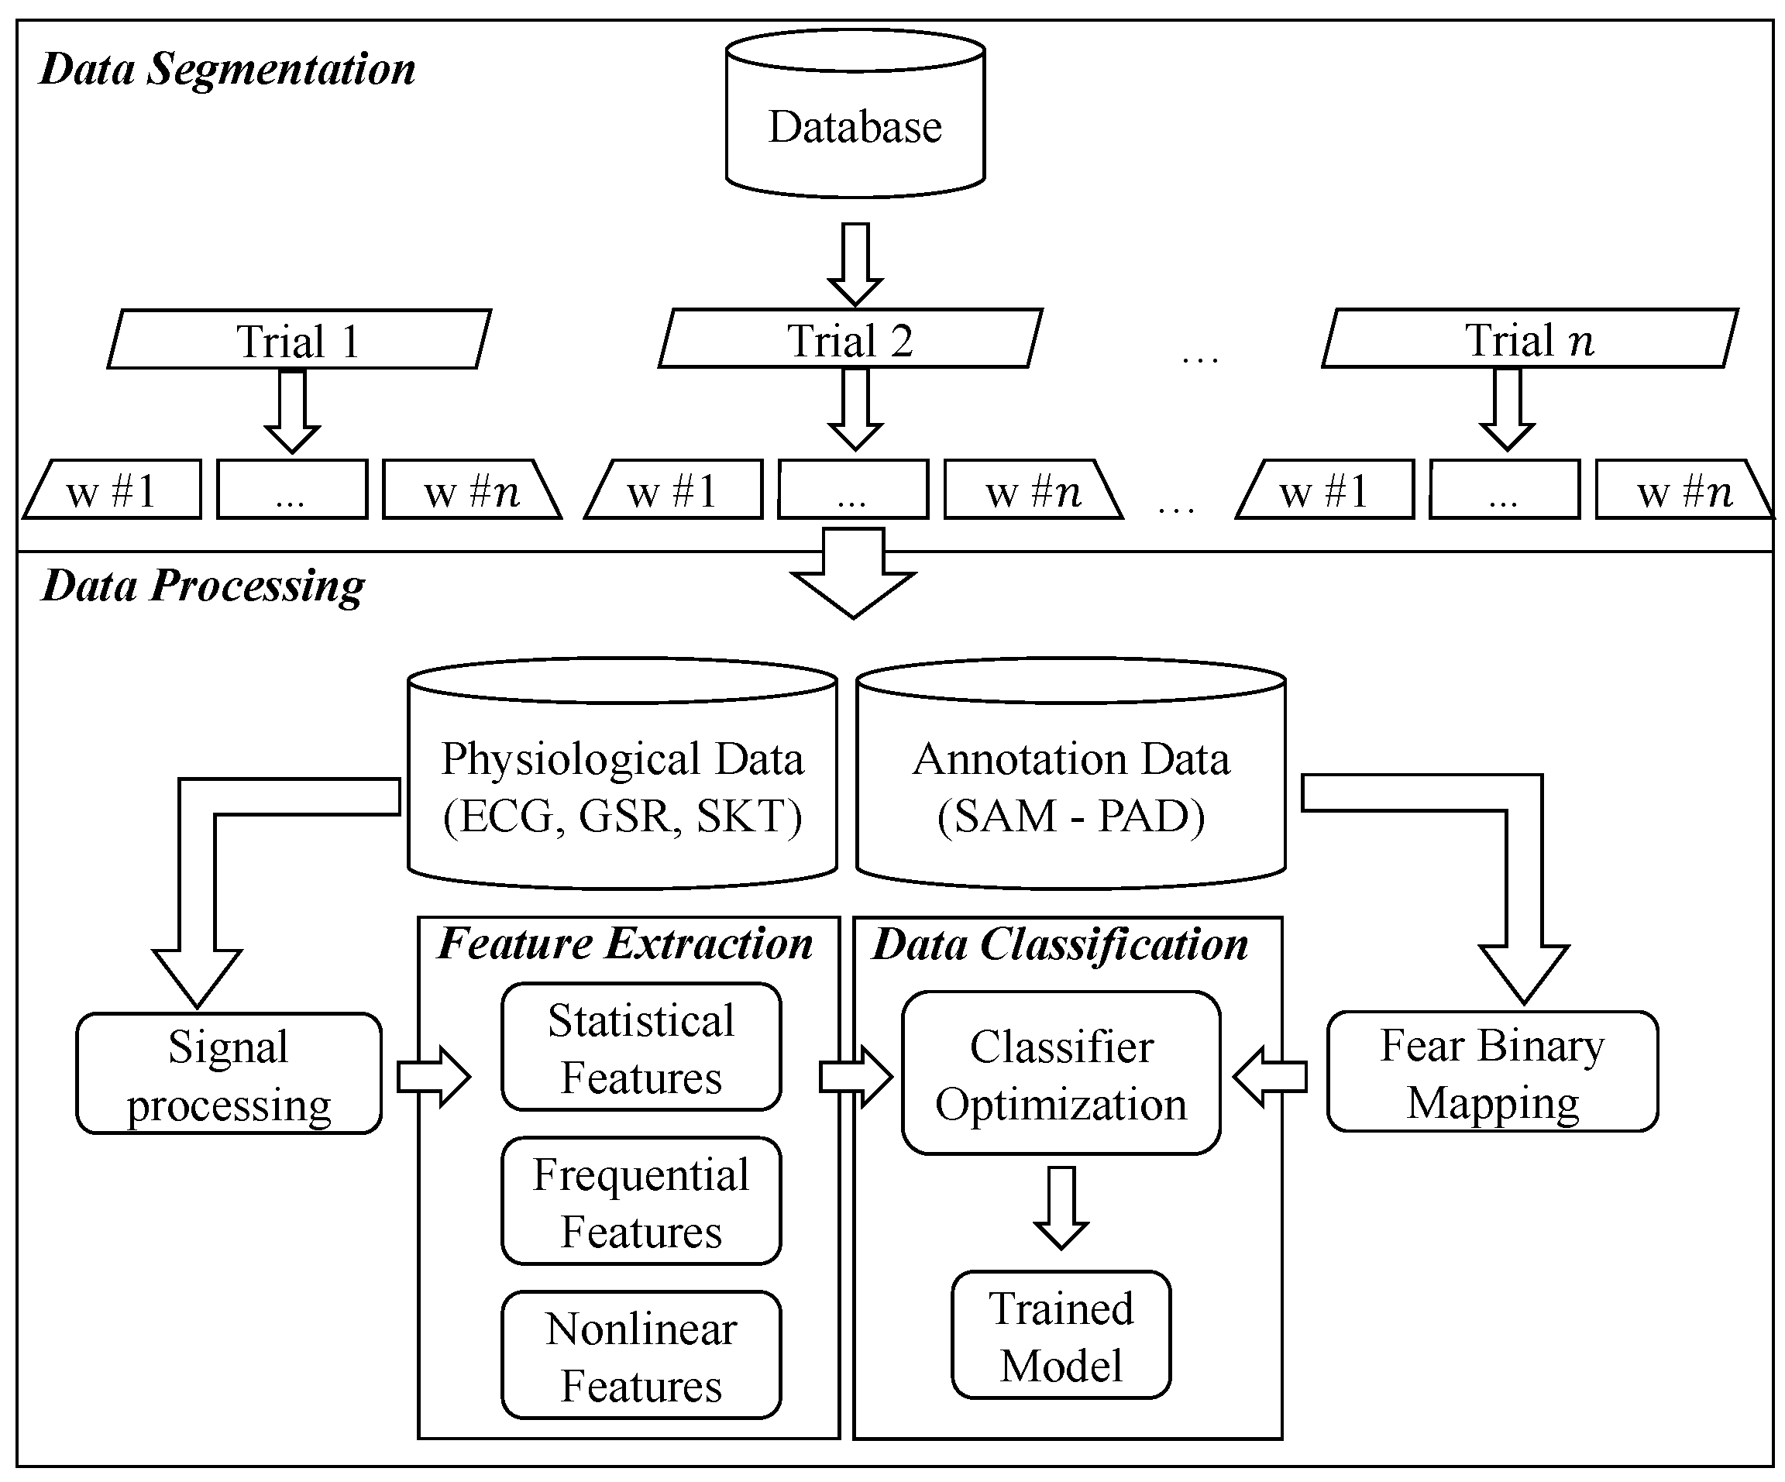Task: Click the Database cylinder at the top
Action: [855, 115]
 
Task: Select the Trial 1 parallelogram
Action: [299, 340]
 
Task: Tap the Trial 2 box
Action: [850, 339]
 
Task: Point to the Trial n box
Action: [1529, 339]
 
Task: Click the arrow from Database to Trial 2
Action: [855, 263]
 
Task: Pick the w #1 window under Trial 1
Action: [113, 490]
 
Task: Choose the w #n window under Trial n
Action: [1681, 490]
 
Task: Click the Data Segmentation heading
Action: [228, 69]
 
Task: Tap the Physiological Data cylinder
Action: [622, 786]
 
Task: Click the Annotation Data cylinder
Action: [1070, 786]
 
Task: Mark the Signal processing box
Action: [229, 1073]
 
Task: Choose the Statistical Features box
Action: [641, 1047]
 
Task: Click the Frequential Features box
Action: [641, 1202]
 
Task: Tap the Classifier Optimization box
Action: [1061, 1073]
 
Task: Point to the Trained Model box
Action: [1061, 1335]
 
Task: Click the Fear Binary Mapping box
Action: [1493, 1071]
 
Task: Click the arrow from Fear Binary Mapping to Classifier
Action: [1270, 1078]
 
